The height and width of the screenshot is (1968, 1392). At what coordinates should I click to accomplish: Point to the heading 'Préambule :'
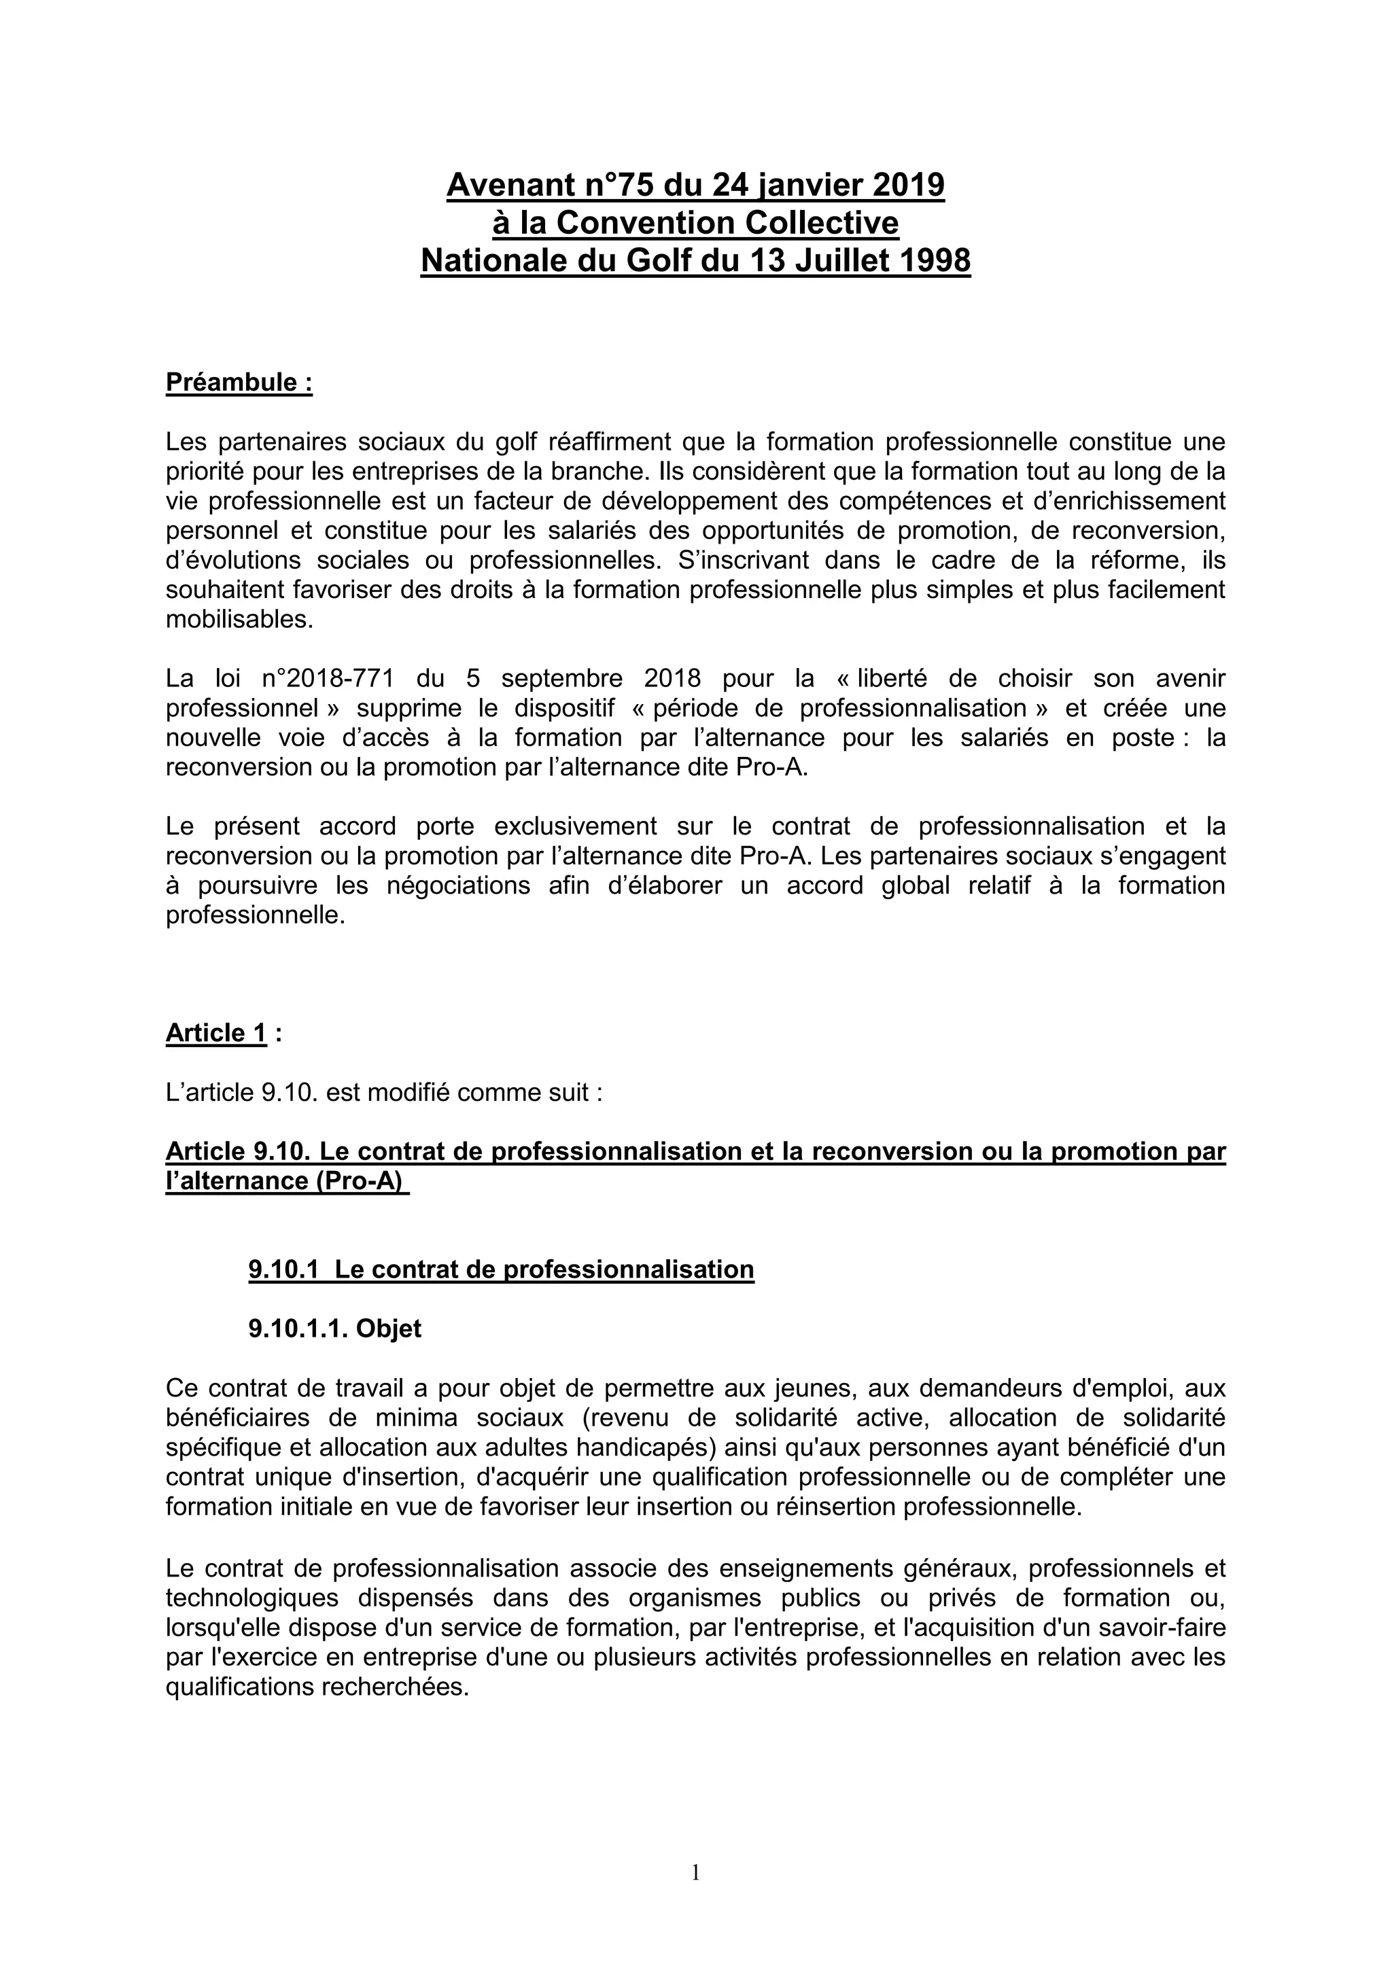point(239,383)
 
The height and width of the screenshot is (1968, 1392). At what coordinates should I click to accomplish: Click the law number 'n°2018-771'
point(328,679)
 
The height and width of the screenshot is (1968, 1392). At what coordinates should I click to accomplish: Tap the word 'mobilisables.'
point(240,620)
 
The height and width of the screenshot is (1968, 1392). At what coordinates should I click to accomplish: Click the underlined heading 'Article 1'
point(216,1034)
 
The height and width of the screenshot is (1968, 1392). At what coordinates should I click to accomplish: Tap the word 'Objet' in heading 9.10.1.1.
point(389,1329)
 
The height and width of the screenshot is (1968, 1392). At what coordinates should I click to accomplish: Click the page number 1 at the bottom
point(695,1874)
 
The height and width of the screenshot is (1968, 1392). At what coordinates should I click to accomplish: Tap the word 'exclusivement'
point(575,826)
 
